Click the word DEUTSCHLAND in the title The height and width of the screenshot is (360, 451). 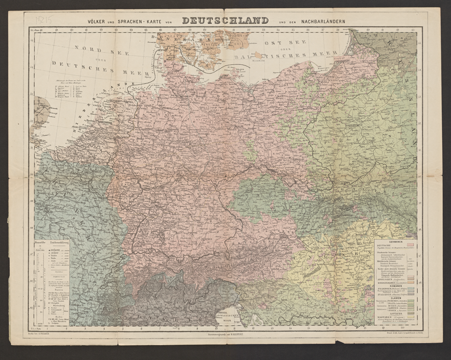[225, 21]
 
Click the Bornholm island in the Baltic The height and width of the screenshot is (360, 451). [259, 55]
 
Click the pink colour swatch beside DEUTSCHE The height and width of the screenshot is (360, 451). [410, 245]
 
